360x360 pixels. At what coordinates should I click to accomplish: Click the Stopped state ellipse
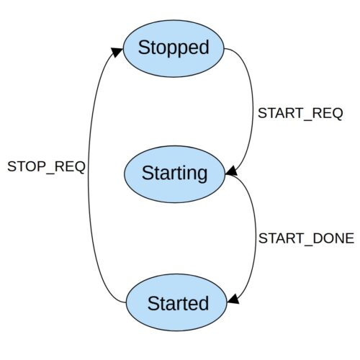174,48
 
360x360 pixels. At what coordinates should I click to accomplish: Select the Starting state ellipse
174,174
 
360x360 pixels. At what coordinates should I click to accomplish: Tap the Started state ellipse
176,302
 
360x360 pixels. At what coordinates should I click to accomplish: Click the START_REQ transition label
300,114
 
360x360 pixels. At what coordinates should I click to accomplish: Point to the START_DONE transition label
306,238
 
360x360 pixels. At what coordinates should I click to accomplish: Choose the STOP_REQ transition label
46,167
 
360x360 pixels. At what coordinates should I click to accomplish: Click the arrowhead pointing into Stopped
117,52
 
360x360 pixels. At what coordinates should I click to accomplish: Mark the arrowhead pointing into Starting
232,171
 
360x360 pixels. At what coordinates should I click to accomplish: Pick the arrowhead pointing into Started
233,299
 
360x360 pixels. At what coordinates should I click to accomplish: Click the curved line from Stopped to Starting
253,109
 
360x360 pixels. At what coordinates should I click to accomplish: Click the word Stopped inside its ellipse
174,48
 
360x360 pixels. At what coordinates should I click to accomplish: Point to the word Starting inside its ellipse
174,174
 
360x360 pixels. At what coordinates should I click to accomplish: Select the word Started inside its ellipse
178,303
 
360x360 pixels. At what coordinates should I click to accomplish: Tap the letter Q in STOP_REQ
78,167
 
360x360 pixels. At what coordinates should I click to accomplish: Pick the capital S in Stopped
145,48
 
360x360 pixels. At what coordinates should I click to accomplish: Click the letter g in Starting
201,176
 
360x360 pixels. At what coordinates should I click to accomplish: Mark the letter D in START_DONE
319,238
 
